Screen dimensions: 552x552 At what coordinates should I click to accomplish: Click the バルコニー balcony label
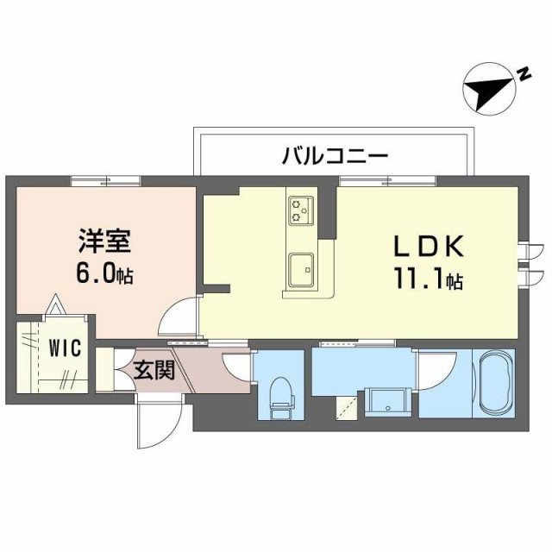point(336,156)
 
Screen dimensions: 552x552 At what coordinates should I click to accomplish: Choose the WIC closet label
point(65,348)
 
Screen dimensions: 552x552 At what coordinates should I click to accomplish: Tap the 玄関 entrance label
point(154,372)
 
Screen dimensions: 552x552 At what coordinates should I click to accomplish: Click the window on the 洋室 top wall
point(105,179)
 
